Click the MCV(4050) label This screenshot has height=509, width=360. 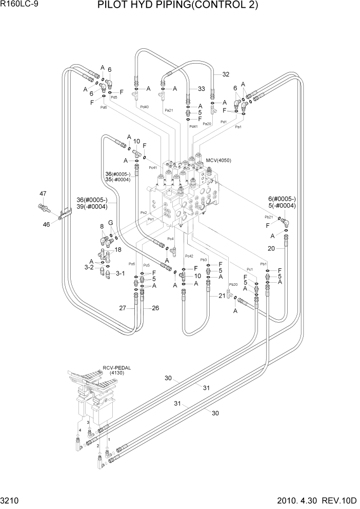[x=218, y=161]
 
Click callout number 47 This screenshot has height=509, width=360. [x=43, y=194]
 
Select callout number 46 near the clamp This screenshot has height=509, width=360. [x=46, y=224]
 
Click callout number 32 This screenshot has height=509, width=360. [x=226, y=74]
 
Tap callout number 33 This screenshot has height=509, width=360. [x=201, y=88]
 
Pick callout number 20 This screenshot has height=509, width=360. [x=272, y=248]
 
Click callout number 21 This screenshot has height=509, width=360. [x=222, y=296]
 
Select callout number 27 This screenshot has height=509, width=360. [x=123, y=308]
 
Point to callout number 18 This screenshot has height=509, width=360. [x=118, y=250]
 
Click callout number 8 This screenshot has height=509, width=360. [x=102, y=226]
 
